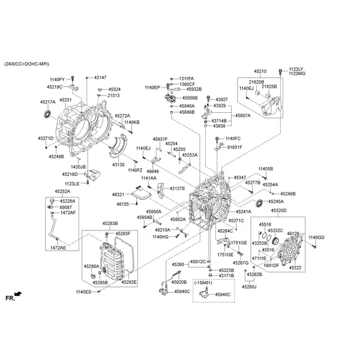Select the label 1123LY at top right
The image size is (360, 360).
296,68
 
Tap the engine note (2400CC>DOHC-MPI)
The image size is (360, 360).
28,63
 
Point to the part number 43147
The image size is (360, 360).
100,78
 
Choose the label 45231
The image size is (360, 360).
65,100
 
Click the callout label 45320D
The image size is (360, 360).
278,211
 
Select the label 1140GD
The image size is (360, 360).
316,238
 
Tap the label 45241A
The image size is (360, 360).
243,212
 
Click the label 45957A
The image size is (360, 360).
226,115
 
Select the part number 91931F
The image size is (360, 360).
235,147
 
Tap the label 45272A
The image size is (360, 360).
122,115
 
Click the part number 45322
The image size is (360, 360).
296,267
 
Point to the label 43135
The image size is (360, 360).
118,164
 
